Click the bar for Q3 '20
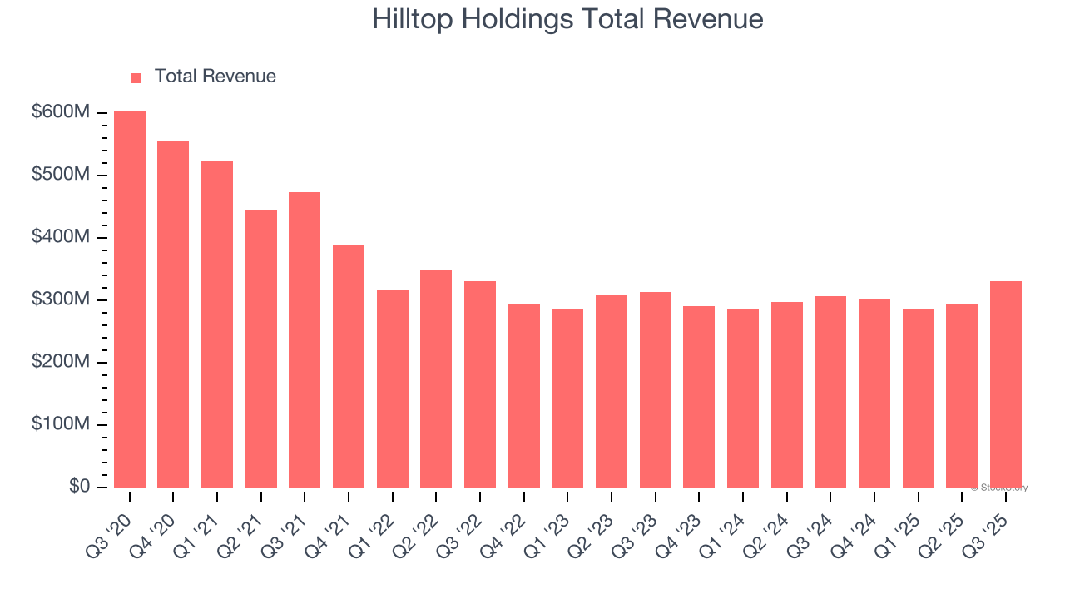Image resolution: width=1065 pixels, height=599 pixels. (130, 299)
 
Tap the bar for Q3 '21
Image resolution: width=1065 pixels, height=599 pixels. (305, 340)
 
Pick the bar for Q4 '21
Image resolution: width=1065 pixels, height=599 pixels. (349, 366)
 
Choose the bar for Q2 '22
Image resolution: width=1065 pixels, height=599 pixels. (436, 379)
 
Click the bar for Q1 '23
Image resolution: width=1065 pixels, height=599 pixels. (567, 399)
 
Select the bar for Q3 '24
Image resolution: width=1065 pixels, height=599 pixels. (830, 392)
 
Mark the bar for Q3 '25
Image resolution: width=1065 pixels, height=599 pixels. (1006, 384)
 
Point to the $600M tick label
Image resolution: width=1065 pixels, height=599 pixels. (60, 112)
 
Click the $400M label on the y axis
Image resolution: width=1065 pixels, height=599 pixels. (60, 237)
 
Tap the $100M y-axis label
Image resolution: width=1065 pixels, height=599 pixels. (60, 424)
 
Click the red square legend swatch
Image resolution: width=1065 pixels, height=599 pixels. (136, 77)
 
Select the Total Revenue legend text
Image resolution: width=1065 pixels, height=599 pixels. (215, 77)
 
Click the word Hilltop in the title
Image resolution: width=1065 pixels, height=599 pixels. (409, 19)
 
